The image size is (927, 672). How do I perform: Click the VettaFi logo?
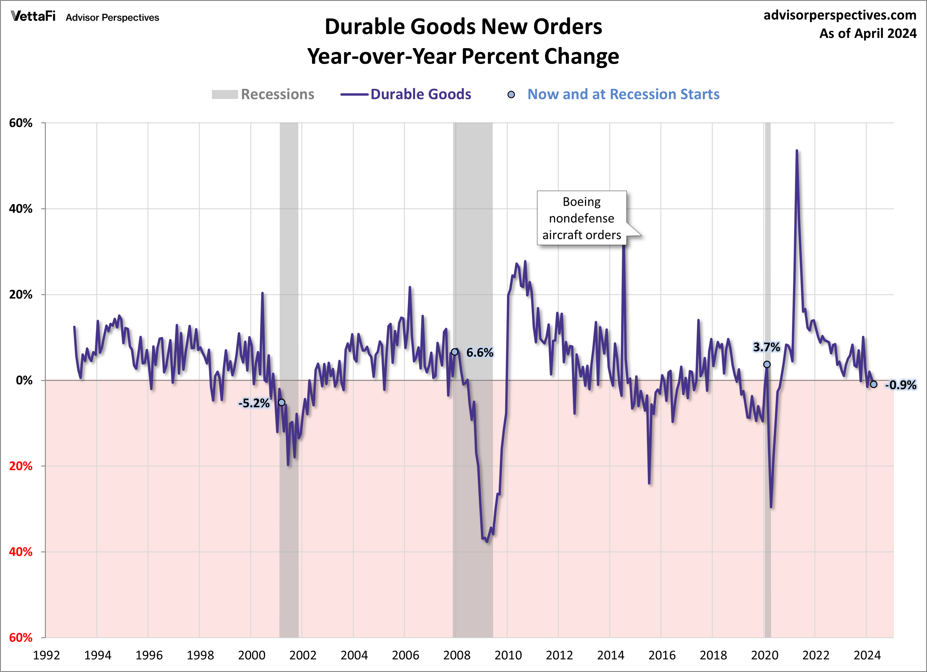click(33, 16)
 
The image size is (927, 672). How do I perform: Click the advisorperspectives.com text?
click(840, 15)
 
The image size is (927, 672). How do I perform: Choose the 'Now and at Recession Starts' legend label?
click(623, 94)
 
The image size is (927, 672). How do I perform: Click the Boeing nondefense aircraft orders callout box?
click(581, 218)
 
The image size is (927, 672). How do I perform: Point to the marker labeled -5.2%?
click(282, 402)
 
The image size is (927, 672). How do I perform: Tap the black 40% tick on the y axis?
click(21, 209)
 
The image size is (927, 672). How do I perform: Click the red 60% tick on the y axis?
click(21, 638)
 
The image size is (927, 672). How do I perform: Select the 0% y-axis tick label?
click(24, 380)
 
